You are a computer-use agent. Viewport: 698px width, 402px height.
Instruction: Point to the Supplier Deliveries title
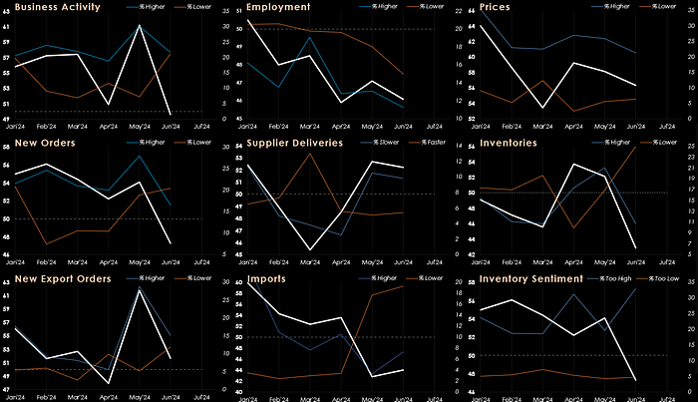click(x=295, y=143)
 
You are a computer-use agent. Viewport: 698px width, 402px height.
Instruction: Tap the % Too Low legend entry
click(x=658, y=277)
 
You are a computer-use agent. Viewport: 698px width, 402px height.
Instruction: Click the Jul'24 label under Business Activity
click(x=200, y=128)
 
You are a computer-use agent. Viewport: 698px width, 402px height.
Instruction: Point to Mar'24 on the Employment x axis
click(x=311, y=128)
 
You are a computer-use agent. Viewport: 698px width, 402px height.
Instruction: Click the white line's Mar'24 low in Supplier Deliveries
click(x=311, y=249)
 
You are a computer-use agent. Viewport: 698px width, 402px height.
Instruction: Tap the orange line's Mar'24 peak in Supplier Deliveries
click(x=311, y=153)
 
